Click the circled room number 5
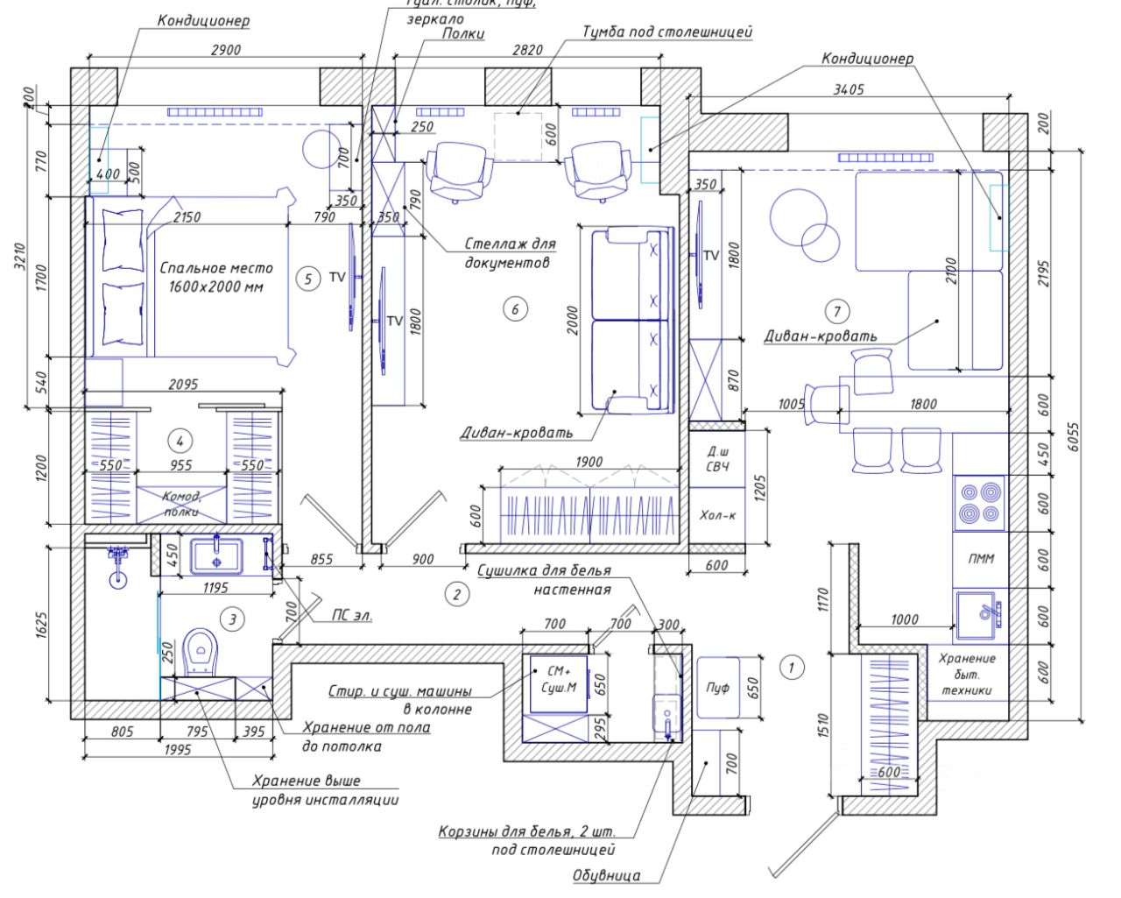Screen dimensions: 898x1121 (x=307, y=279)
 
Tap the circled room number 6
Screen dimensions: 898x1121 (x=515, y=308)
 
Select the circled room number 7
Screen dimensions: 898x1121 (x=837, y=311)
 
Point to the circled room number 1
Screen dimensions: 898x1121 (x=791, y=668)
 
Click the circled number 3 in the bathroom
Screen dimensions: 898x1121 (x=231, y=619)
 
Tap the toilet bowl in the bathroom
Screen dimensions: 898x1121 (x=201, y=652)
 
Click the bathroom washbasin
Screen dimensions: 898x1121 (x=216, y=555)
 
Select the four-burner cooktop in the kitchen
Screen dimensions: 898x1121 (x=978, y=503)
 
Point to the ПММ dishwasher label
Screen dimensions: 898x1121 (x=981, y=559)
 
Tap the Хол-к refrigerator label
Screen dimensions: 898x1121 (x=717, y=515)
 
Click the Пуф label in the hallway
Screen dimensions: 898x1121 (x=717, y=688)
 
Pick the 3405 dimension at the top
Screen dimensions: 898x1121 (x=849, y=89)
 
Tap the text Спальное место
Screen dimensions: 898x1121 (x=216, y=268)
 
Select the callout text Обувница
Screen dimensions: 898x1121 (x=606, y=874)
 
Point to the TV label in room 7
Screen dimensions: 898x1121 (x=711, y=256)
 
